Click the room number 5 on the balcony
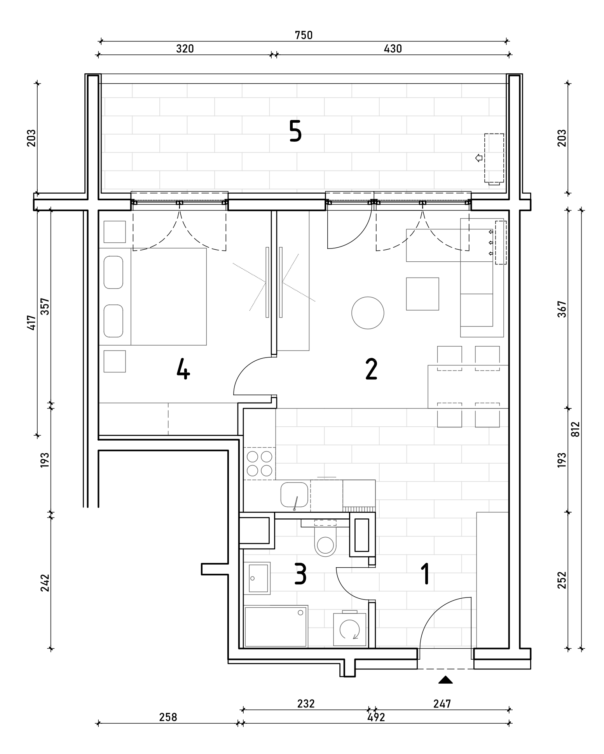(295, 131)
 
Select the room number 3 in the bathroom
(300, 574)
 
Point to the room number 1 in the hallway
(426, 574)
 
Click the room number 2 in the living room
(371, 369)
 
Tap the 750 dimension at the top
(304, 35)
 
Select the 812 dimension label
(576, 429)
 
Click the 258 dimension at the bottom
(168, 717)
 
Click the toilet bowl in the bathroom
(325, 545)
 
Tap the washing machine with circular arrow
(349, 630)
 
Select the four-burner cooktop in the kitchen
(260, 463)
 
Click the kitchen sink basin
(294, 495)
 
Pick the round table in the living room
(368, 313)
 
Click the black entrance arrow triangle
(445, 680)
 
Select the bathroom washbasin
(257, 578)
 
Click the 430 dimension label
(393, 49)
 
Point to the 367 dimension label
(562, 309)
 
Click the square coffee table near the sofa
(422, 294)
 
